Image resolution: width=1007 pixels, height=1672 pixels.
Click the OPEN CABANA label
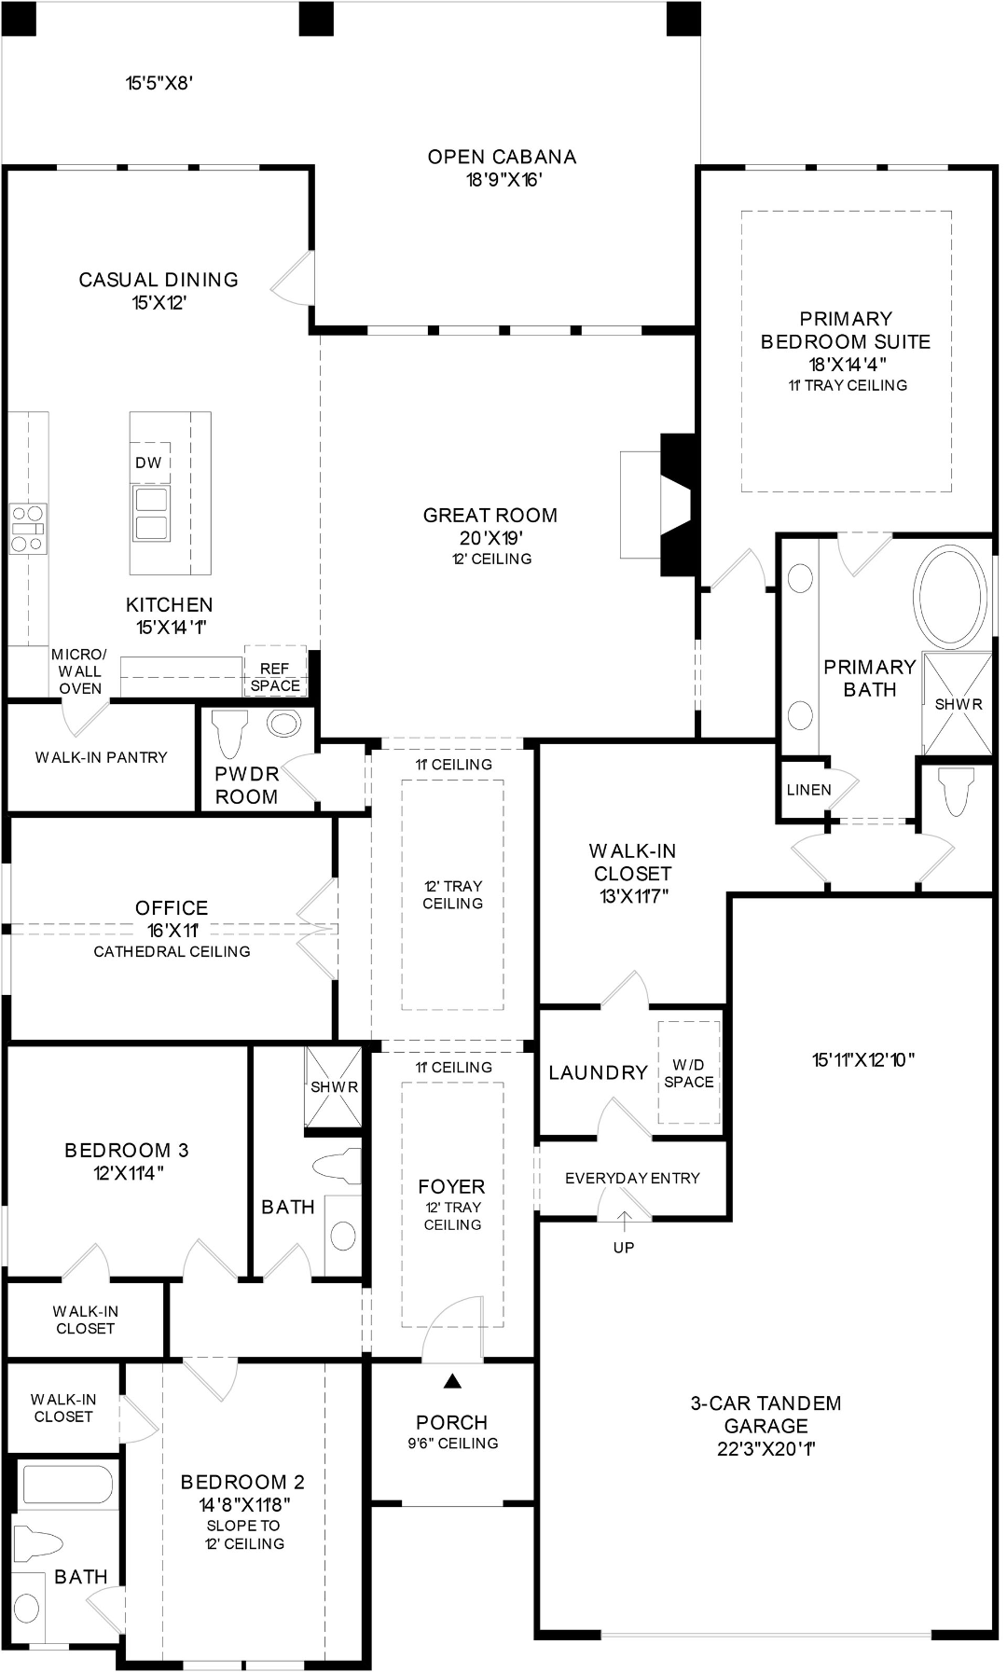pos(502,157)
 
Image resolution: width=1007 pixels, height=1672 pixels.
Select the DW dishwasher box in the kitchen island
pos(149,462)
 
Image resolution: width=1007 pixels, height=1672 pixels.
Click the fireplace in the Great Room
pos(660,504)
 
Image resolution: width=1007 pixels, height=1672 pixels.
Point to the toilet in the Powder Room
pos(229,733)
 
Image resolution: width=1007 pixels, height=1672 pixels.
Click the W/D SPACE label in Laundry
pos(689,1073)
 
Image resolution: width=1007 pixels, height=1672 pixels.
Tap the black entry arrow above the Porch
pos(452,1381)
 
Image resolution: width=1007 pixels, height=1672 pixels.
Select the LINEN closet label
pos(808,790)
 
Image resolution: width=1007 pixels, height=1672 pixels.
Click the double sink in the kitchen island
pos(151,513)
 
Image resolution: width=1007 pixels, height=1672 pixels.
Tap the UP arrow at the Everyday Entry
pos(623,1222)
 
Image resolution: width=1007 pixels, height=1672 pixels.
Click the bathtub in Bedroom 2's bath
pos(68,1485)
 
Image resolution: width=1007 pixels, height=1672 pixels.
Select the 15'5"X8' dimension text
pos(159,83)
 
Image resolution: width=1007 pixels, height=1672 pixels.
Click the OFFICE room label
pos(172,907)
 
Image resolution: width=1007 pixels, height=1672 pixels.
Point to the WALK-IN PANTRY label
pos(102,757)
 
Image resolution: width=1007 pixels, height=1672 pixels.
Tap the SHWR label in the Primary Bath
pos(959,704)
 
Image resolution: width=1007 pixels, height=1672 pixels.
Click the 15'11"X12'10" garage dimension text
pos(863,1059)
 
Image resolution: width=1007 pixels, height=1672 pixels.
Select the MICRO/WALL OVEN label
pos(79,671)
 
